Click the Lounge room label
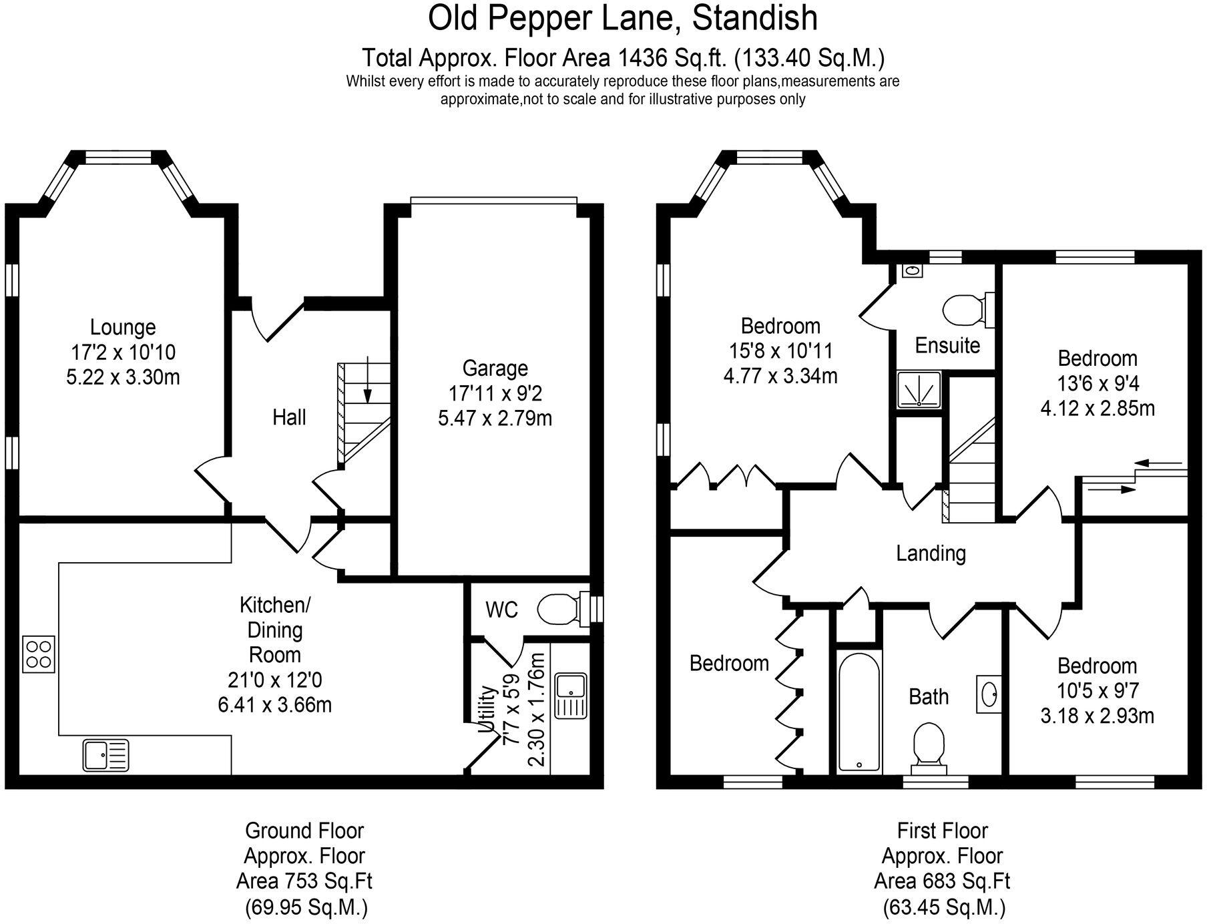(123, 327)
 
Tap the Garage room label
(495, 369)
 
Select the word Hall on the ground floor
(289, 418)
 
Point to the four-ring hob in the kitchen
(39, 654)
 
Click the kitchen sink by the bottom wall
(106, 756)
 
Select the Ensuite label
(947, 346)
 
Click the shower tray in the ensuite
(919, 390)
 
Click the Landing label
(931, 553)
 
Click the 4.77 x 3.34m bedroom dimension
(780, 376)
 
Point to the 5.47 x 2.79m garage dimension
(495, 419)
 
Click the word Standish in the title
(754, 18)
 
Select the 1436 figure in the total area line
(643, 59)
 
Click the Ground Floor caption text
(304, 831)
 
